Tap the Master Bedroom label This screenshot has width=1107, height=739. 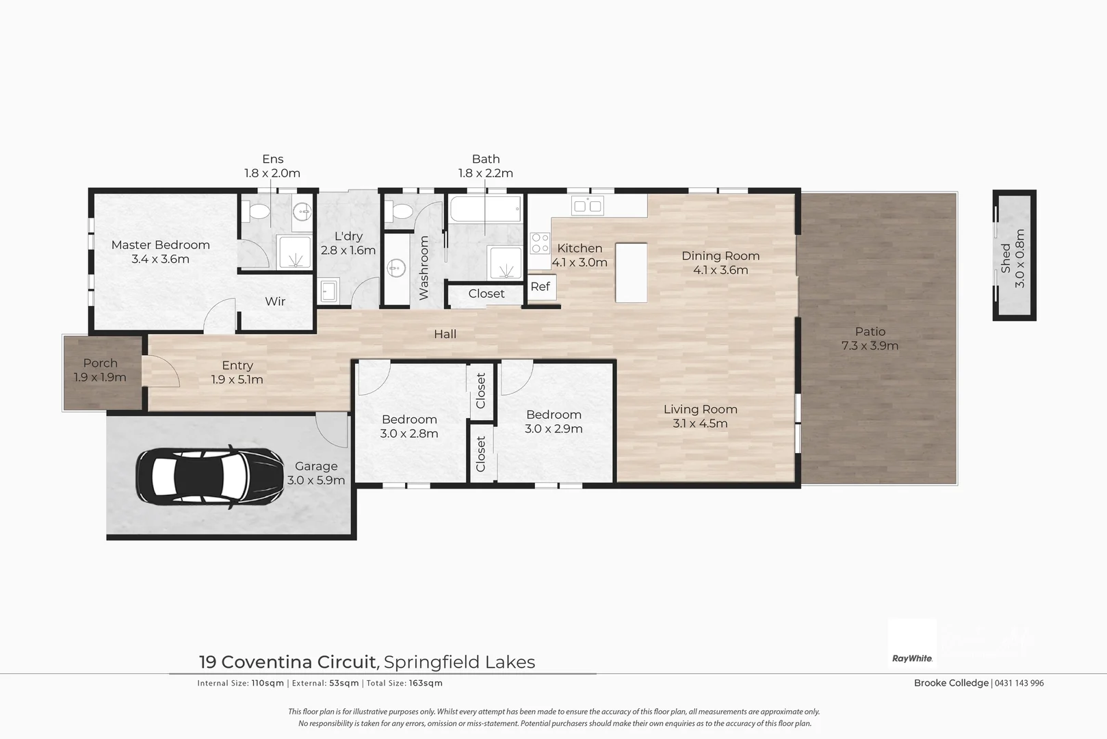click(160, 245)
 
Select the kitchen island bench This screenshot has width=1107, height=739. click(631, 272)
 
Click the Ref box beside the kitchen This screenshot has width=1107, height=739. click(541, 287)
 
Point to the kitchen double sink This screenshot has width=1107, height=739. click(588, 205)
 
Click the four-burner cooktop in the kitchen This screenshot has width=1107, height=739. click(540, 244)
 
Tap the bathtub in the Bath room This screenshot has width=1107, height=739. click(485, 209)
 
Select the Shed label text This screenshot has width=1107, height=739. click(1005, 258)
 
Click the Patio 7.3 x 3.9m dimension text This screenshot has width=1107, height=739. click(870, 346)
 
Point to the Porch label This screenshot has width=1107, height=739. click(100, 363)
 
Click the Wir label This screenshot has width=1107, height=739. click(275, 302)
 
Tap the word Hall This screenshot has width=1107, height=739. click(445, 334)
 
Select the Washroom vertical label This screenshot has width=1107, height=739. click(424, 268)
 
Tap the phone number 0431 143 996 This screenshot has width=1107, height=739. click(1019, 683)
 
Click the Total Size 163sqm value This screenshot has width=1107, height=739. click(426, 683)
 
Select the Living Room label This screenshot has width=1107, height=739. click(700, 409)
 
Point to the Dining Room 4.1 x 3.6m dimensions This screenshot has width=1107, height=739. click(720, 270)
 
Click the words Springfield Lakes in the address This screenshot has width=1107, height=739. click(459, 662)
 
